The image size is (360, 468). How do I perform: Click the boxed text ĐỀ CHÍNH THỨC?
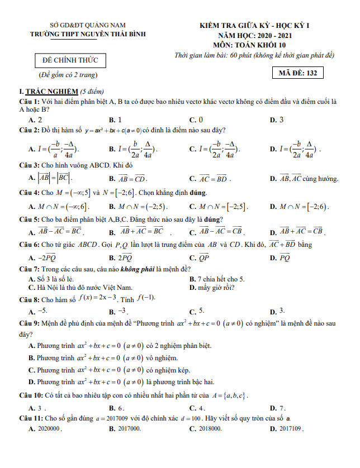click(x=69, y=60)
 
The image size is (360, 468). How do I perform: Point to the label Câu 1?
click(x=29, y=102)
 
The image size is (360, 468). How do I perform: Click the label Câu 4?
click(x=29, y=193)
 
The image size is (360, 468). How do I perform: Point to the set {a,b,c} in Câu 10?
click(x=231, y=396)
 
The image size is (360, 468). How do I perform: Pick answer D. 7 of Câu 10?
click(x=278, y=408)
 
